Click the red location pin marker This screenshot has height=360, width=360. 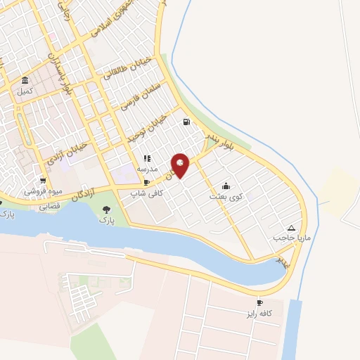[x=181, y=165]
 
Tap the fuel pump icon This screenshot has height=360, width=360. [x=186, y=122]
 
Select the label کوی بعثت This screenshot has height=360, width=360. [x=224, y=198]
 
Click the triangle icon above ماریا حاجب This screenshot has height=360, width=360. [x=292, y=228]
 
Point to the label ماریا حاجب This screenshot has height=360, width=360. [x=291, y=238]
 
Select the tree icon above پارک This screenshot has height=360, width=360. [x=106, y=210]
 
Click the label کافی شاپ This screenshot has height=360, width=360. [x=147, y=192]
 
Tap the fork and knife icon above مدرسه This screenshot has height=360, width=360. [x=147, y=159]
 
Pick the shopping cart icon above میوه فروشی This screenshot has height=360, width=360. [x=43, y=179]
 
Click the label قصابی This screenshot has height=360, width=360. [x=50, y=207]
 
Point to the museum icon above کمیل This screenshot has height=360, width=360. [x=25, y=79]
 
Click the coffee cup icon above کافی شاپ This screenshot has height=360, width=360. [x=147, y=182]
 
